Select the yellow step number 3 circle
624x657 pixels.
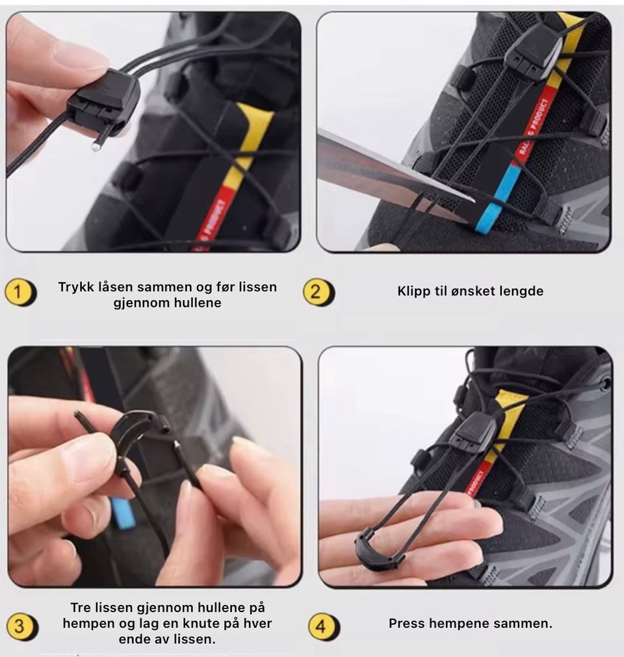click(20, 626)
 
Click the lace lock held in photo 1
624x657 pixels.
click(103, 103)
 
